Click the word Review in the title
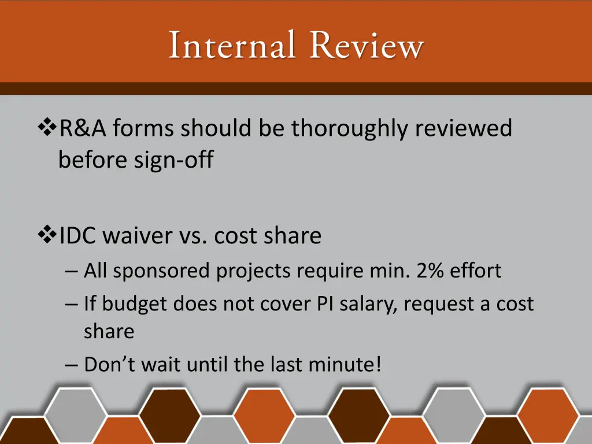click(x=367, y=46)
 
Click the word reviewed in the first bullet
click(x=463, y=128)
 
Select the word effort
click(x=475, y=271)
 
